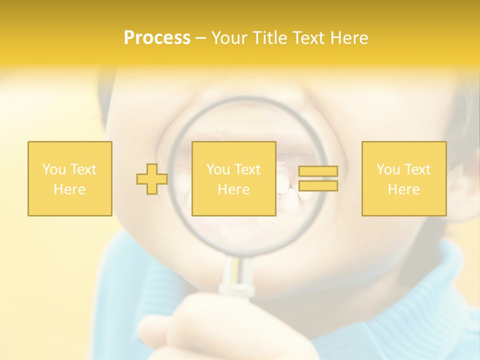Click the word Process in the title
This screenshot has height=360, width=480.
157,38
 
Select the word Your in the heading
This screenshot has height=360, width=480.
230,38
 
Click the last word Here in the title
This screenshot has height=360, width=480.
350,38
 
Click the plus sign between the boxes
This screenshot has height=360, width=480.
152,179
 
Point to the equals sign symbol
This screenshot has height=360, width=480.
318,178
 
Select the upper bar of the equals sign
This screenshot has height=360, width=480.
318,171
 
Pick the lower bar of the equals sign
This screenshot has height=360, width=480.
318,185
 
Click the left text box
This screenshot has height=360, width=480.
69,178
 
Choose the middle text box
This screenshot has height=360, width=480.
233,178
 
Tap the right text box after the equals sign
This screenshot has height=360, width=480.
403,178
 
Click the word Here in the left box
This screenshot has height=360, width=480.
69,189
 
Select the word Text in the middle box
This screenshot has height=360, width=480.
247,169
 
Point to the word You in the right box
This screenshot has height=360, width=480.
388,169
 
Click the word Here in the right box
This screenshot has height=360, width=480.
403,189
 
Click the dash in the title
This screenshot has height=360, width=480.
200,38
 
